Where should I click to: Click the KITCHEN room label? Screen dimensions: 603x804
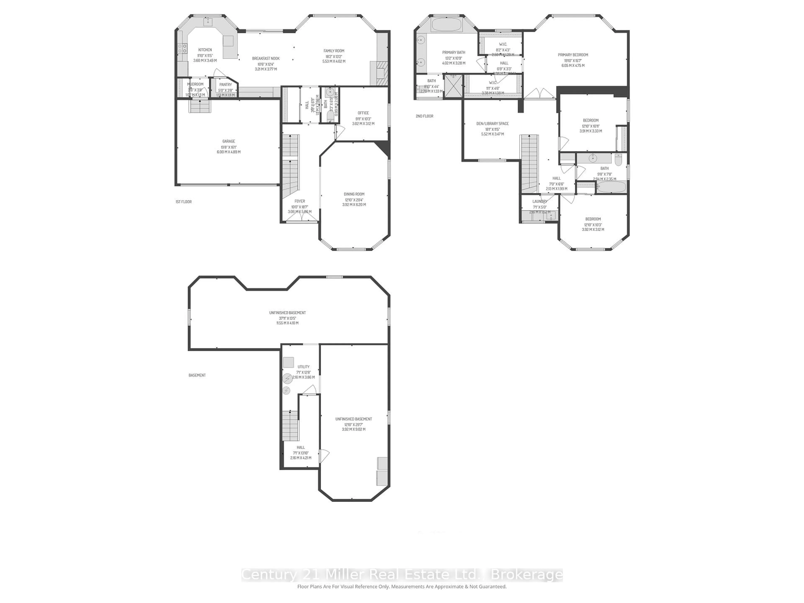pos(205,50)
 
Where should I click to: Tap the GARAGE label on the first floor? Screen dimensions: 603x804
pos(229,141)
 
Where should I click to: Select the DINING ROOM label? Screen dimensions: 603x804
pos(354,194)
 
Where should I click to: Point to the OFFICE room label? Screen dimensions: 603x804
pos(363,113)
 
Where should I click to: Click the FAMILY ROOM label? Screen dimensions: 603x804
pos(334,51)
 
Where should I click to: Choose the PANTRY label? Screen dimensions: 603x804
pos(225,85)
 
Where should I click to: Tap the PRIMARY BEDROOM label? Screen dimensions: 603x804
pos(573,55)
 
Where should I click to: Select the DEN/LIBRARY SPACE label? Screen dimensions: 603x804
pos(492,124)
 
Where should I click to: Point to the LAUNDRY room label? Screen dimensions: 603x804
pos(540,201)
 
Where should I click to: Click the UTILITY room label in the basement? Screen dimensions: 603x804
pos(304,367)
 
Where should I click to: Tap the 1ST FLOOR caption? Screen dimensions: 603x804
pos(184,202)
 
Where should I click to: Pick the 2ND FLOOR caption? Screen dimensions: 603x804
pos(425,116)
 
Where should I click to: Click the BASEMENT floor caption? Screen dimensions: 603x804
pos(197,375)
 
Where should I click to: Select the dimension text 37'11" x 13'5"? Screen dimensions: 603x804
pos(287,318)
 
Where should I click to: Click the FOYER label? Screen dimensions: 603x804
pos(299,201)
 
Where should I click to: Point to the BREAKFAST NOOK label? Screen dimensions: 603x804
pos(266,58)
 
